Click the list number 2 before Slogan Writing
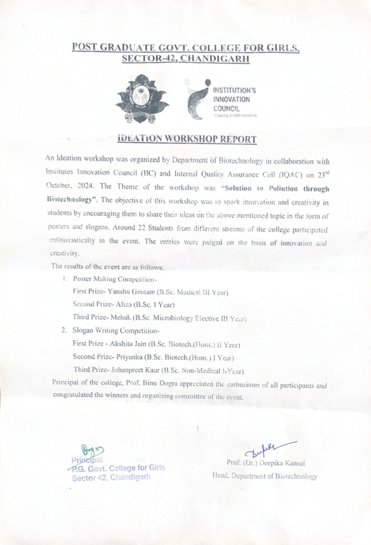tap(64, 331)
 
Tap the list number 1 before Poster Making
tap(64, 279)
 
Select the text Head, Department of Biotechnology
tap(264, 476)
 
